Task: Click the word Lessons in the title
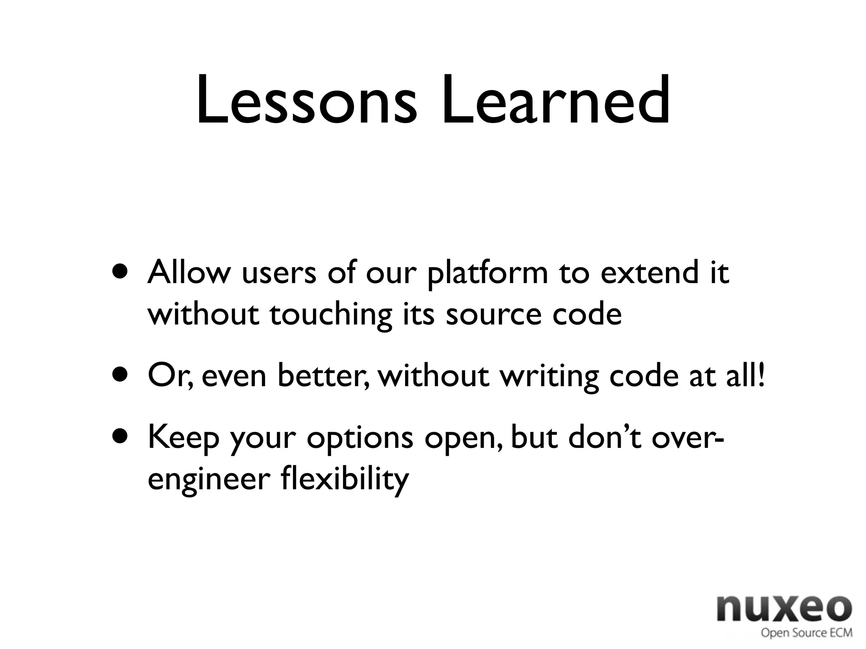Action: click(305, 101)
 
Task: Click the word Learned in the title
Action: click(555, 101)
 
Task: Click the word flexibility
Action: click(345, 480)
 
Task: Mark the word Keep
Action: click(183, 439)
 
